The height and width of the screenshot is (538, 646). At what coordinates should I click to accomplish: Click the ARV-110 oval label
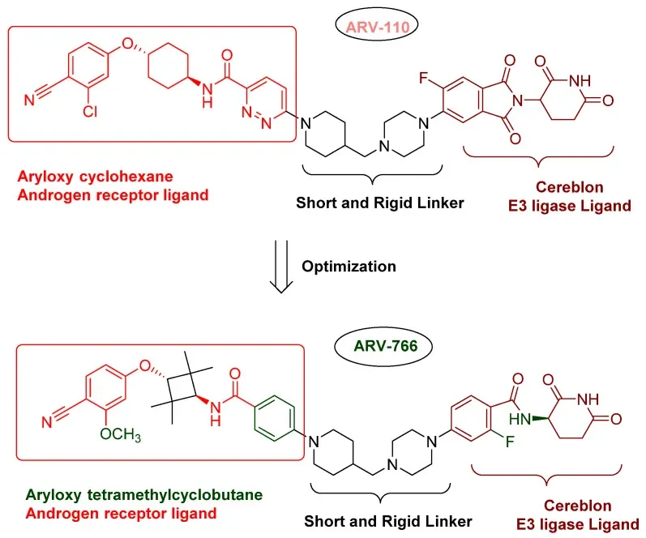point(377,26)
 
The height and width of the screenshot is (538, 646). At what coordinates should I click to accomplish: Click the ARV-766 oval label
point(383,345)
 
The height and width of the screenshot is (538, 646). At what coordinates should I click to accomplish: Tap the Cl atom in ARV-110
point(89,111)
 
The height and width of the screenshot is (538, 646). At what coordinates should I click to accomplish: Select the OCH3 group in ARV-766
point(120,434)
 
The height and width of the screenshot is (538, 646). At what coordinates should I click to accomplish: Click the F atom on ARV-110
point(424,78)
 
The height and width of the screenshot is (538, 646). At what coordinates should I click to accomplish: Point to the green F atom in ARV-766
point(510,442)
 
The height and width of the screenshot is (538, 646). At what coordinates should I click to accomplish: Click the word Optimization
point(349,266)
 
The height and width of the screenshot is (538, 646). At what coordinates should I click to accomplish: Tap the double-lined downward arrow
point(281,267)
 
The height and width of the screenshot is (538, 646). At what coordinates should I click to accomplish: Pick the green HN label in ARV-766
point(520,420)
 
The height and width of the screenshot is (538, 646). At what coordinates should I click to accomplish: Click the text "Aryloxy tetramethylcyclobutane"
point(143,494)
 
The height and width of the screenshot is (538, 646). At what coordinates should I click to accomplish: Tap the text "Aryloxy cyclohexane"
point(95,177)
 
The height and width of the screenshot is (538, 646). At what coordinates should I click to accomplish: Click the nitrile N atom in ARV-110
point(29,100)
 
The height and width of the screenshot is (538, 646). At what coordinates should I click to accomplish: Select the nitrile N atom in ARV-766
point(46,422)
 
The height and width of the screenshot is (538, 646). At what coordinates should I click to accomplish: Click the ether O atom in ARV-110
point(128,43)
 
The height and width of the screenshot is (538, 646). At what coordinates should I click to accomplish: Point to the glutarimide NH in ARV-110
point(580,81)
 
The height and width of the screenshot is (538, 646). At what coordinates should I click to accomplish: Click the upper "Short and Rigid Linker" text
point(380,203)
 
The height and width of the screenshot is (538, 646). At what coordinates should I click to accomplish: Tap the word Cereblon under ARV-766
point(578,506)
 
